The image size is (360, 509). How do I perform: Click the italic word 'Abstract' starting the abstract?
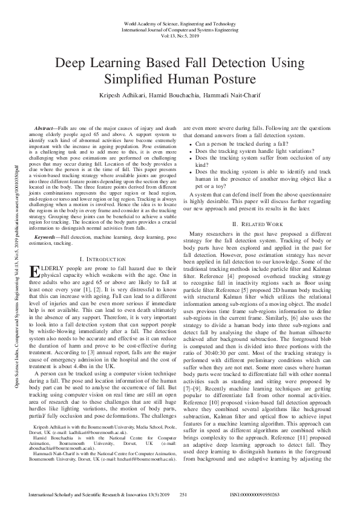pyautogui.click(x=45, y=129)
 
